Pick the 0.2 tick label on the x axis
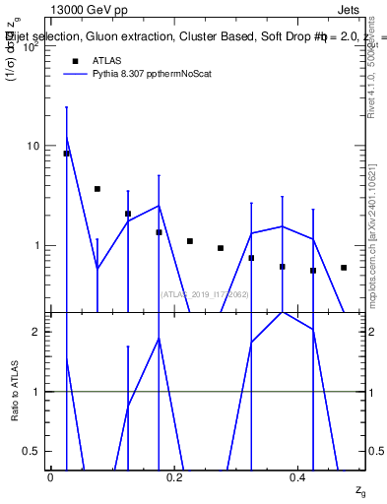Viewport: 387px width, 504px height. [174, 476]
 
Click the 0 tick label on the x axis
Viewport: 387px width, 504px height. [50, 476]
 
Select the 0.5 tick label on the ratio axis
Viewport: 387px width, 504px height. [32, 451]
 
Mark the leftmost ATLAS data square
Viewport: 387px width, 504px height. [66, 154]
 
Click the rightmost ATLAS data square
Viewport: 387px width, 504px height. [344, 268]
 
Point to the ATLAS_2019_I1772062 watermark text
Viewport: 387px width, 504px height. [204, 293]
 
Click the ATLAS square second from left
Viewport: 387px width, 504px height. [97, 189]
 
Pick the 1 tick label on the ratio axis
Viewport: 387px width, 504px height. [35, 392]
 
